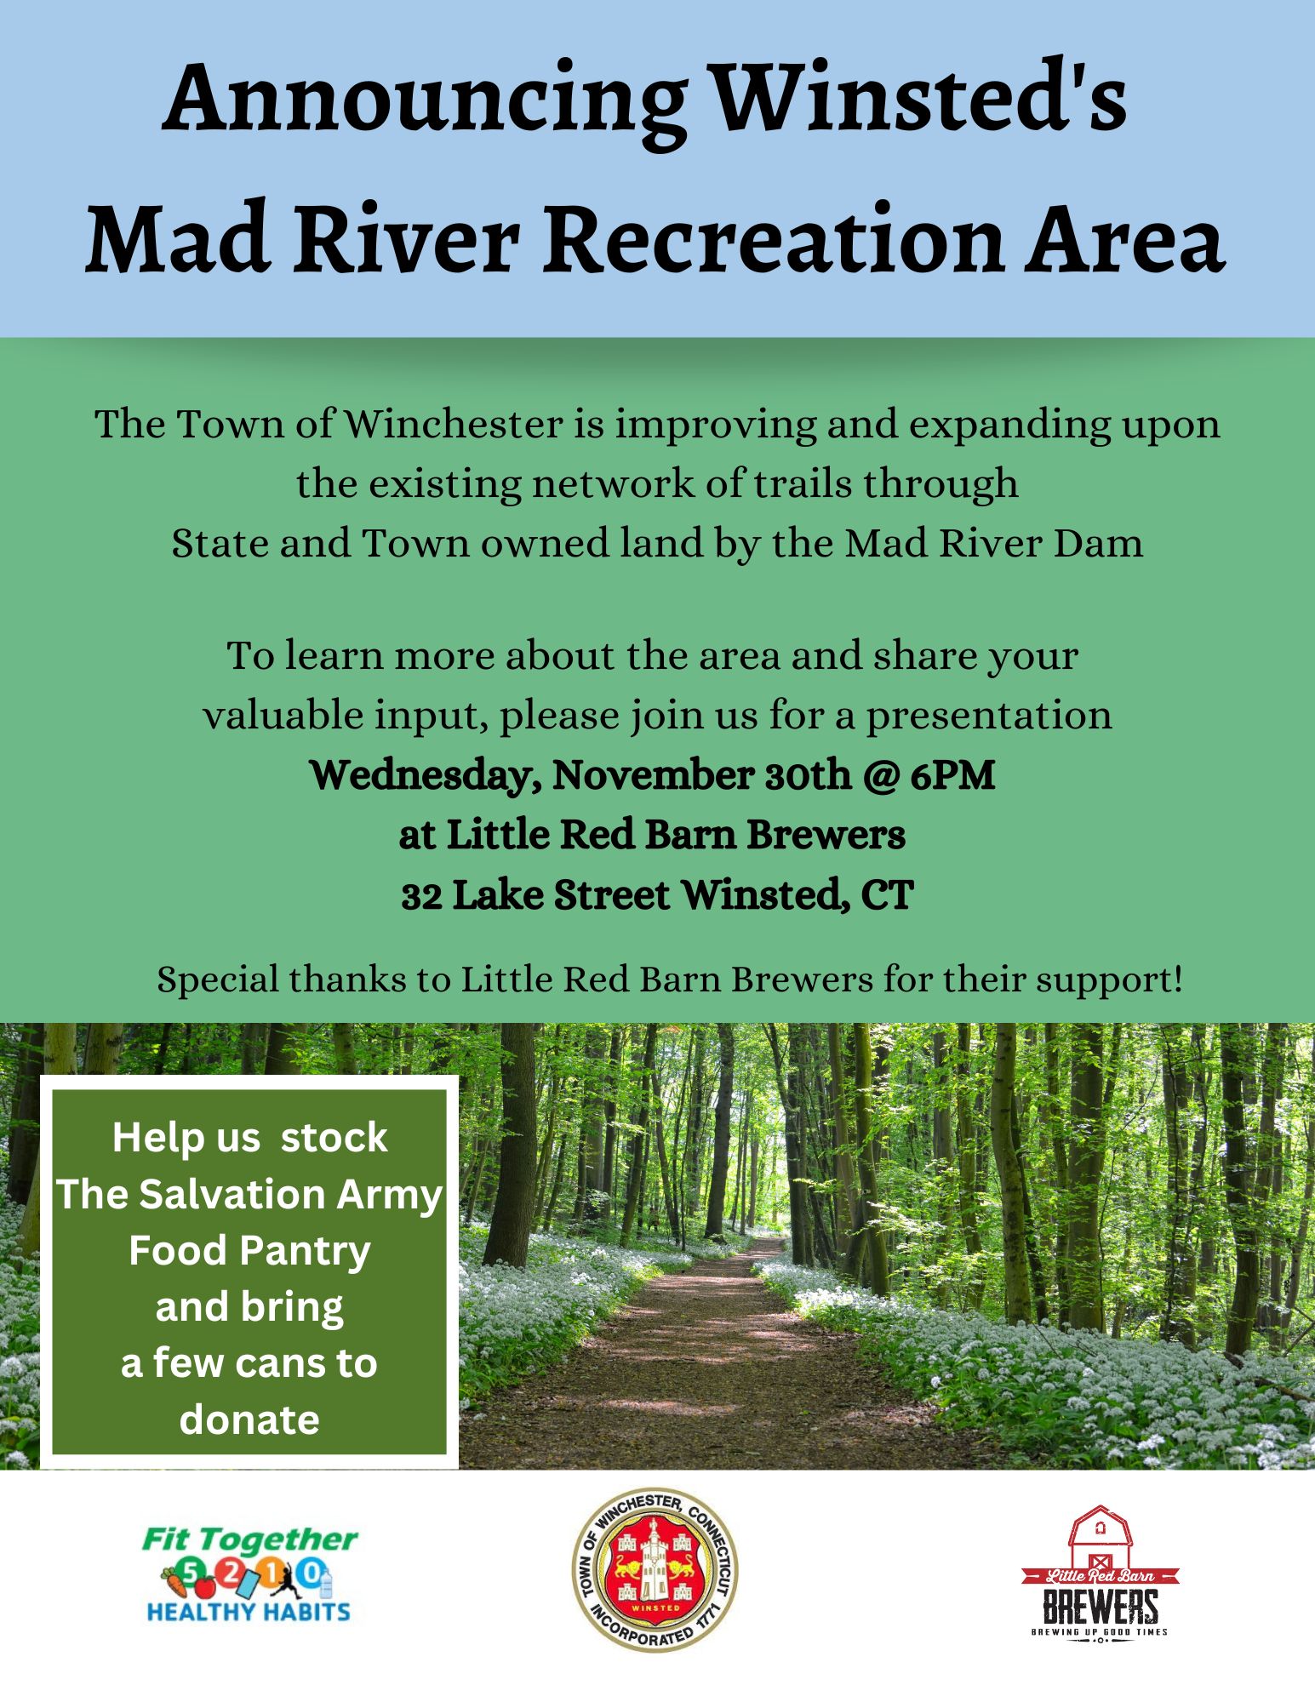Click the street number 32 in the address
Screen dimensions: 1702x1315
421,896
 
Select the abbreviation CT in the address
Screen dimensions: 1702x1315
887,895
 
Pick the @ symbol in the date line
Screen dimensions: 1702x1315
880,775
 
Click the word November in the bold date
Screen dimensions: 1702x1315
653,775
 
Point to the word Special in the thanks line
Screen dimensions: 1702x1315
218,980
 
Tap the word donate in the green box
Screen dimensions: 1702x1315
249,1419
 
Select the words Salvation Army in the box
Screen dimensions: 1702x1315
290,1194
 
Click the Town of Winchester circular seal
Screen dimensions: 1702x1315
655,1570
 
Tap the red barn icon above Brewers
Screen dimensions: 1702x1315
1101,1539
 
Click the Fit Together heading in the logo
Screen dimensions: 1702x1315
249,1539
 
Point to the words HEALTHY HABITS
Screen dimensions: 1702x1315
249,1612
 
